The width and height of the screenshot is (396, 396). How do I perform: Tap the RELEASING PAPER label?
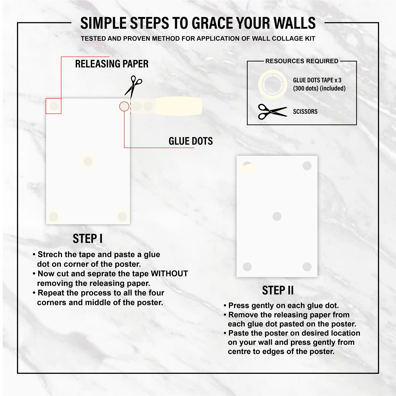pyautogui.click(x=112, y=64)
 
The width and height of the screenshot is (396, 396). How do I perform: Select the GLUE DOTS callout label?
pyautogui.click(x=190, y=141)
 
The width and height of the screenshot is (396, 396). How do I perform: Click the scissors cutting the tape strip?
pyautogui.click(x=133, y=85)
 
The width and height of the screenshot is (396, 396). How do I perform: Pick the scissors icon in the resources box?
pyautogui.click(x=272, y=112)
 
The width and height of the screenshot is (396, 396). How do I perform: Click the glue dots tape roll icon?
pyautogui.click(x=272, y=84)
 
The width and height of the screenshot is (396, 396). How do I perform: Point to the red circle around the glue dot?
pyautogui.click(x=124, y=106)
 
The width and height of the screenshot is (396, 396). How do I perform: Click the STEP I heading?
pyautogui.click(x=87, y=239)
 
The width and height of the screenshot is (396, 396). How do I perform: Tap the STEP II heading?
pyautogui.click(x=278, y=290)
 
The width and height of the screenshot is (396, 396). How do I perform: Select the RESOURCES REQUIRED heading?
pyautogui.click(x=302, y=61)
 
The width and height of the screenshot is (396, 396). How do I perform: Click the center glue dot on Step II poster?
pyautogui.click(x=277, y=216)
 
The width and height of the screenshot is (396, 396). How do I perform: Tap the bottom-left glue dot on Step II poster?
pyautogui.click(x=247, y=267)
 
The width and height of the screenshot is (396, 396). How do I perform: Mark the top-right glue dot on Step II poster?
pyautogui.click(x=307, y=166)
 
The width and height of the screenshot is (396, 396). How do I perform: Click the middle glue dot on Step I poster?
pyautogui.click(x=88, y=161)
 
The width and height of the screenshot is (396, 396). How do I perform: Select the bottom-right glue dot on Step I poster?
pyautogui.click(x=122, y=216)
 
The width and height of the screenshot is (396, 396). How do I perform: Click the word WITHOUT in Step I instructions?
pyautogui.click(x=169, y=274)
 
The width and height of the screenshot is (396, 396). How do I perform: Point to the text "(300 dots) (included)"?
pyautogui.click(x=319, y=88)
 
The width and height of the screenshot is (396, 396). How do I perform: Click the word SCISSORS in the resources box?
pyautogui.click(x=305, y=112)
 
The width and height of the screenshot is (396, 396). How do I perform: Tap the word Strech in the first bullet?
pyautogui.click(x=50, y=255)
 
